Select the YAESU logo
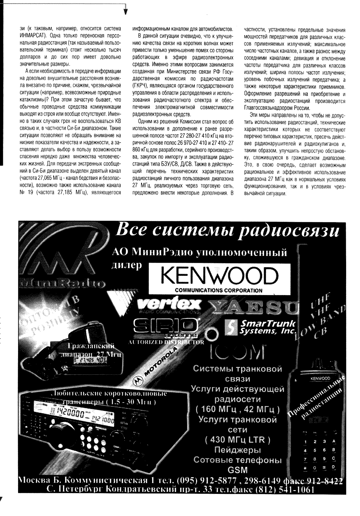click(x=253, y=307)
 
